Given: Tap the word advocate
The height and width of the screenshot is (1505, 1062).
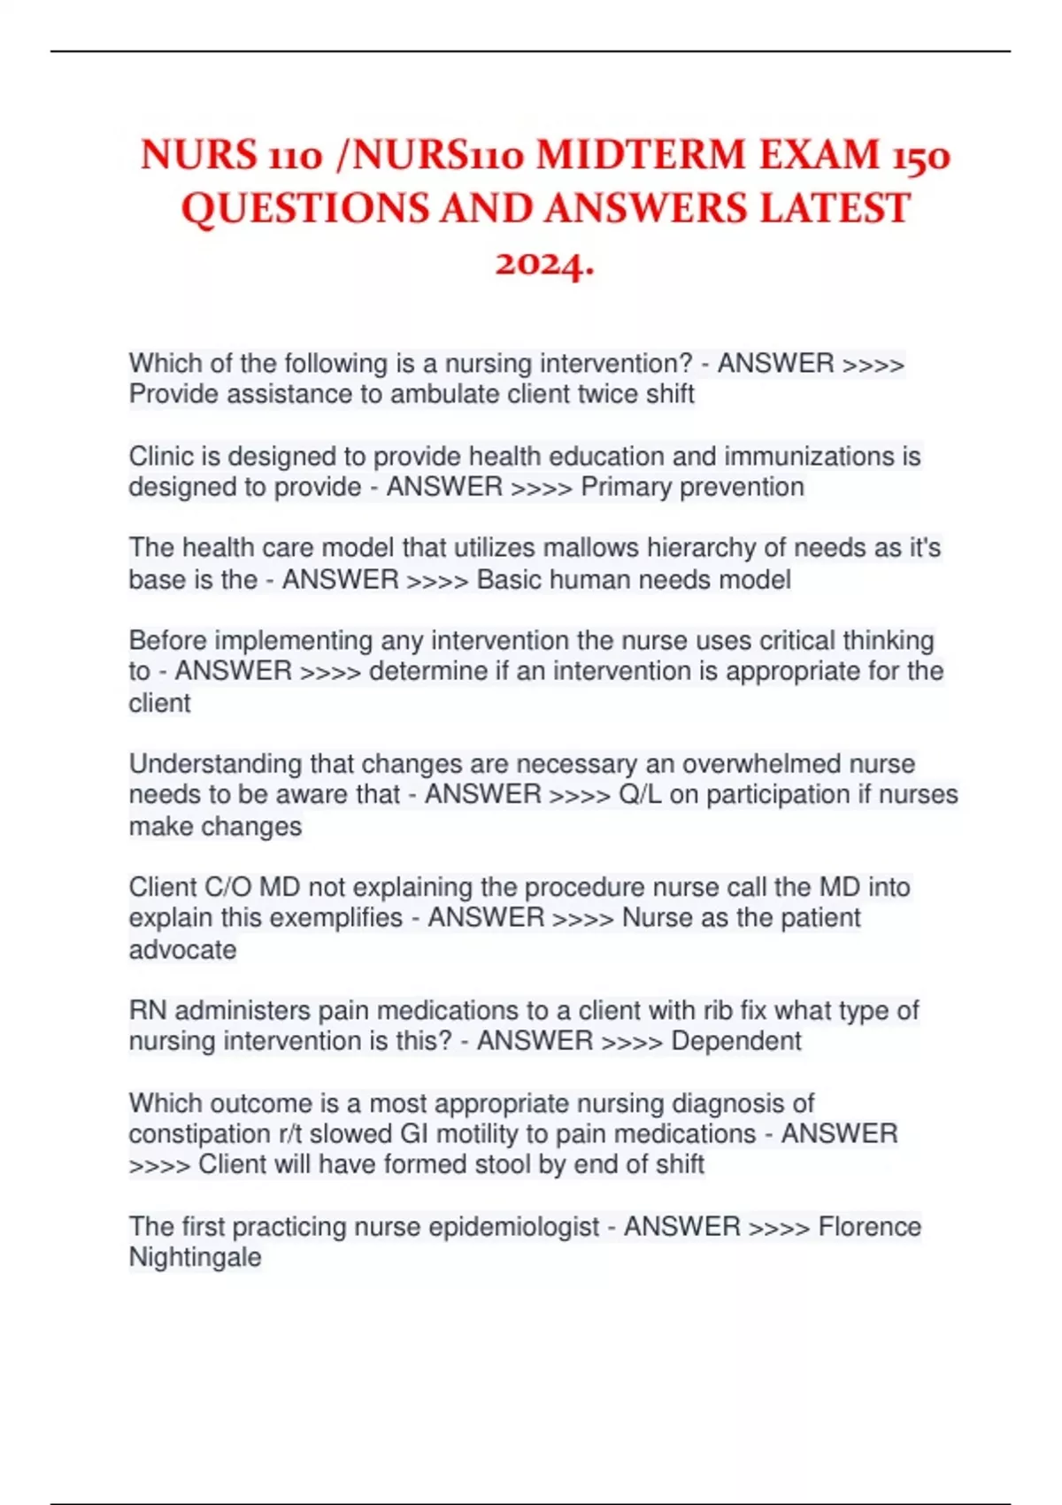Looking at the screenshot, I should [x=182, y=950].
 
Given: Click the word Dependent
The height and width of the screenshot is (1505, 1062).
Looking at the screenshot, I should [x=736, y=1041].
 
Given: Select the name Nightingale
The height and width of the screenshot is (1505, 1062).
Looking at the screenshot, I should [x=195, y=1258].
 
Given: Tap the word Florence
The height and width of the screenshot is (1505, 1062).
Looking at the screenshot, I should [x=869, y=1226].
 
